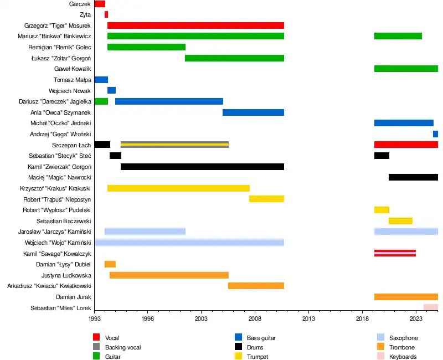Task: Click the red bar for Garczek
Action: click(x=100, y=4)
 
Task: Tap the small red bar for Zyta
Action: click(x=106, y=14)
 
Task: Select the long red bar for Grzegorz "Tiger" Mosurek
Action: click(x=195, y=25)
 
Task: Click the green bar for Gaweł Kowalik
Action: click(x=406, y=69)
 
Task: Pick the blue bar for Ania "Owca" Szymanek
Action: click(x=253, y=112)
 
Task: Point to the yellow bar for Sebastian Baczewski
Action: click(x=400, y=221)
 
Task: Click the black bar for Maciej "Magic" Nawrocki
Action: click(x=413, y=177)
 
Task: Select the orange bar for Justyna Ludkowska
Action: click(x=169, y=275)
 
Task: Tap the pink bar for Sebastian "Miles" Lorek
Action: click(x=430, y=307)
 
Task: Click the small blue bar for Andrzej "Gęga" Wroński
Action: click(x=435, y=134)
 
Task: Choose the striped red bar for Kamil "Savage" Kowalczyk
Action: click(x=395, y=253)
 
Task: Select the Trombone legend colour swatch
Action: click(x=380, y=347)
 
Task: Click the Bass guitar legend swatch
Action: click(x=238, y=338)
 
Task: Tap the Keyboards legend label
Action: click(x=403, y=357)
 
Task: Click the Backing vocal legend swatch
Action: click(x=96, y=347)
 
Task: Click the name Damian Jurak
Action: click(x=73, y=297)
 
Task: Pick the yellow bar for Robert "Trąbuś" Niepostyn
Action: click(x=266, y=199)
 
